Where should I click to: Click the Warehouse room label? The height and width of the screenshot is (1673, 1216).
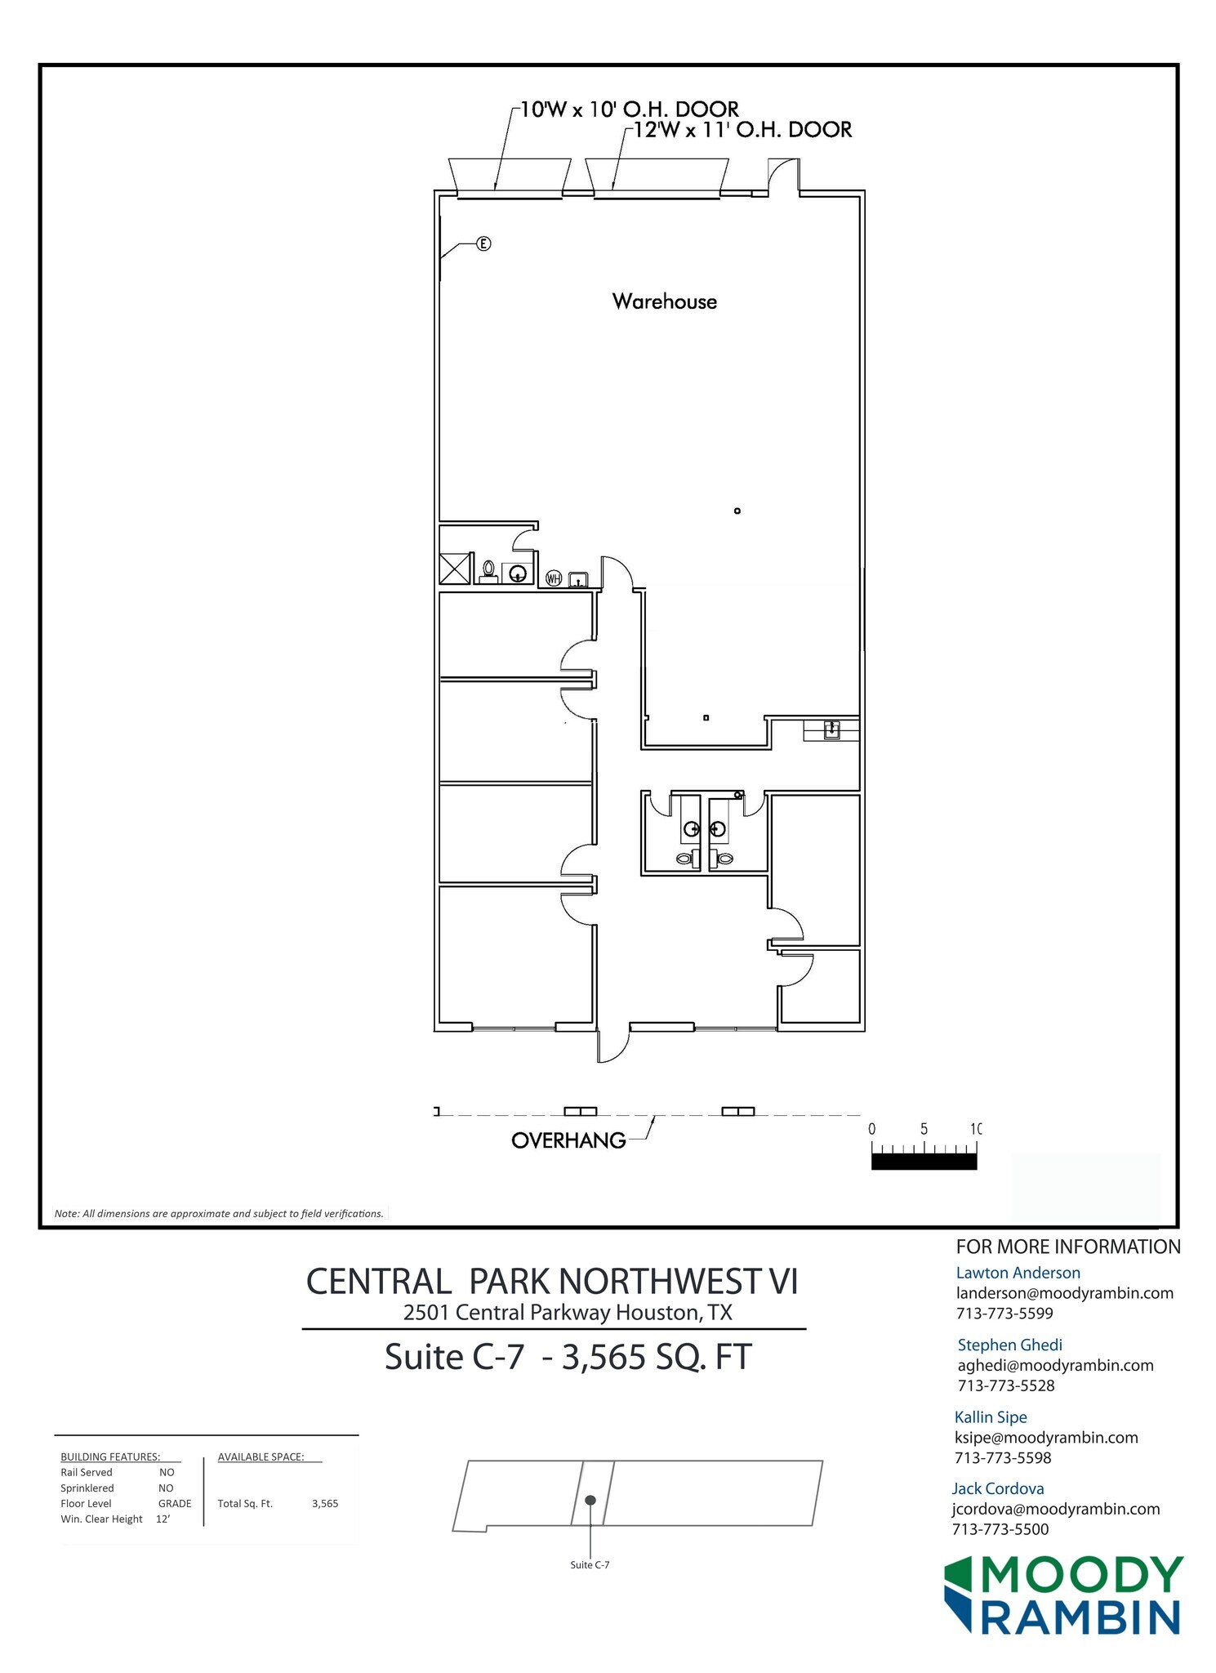coord(664,301)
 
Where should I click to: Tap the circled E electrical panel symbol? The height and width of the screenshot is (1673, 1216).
coord(483,243)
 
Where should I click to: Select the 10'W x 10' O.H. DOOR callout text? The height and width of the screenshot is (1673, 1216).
coord(629,109)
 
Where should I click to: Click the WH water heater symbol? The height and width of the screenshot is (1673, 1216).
coord(553,579)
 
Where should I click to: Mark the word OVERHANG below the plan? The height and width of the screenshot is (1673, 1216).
coord(568,1140)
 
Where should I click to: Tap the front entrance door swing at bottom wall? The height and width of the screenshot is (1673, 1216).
coord(612,1046)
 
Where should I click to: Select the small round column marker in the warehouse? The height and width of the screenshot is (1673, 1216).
coord(737,511)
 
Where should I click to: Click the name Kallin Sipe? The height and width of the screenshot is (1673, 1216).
coord(991,1417)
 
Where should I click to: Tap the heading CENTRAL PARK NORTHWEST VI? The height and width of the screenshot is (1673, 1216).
coord(552,1281)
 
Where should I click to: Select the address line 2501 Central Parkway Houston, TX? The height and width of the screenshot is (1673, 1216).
coord(567,1313)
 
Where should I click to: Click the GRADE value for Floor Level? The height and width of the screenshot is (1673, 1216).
coord(175,1503)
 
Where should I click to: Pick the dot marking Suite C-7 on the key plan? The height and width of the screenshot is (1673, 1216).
coord(590,1501)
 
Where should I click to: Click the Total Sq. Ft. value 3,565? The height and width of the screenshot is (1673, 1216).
coord(325,1503)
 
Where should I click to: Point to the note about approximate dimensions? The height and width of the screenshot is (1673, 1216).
coord(219,1213)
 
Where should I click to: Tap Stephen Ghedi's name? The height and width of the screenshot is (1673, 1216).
coord(1009,1345)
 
